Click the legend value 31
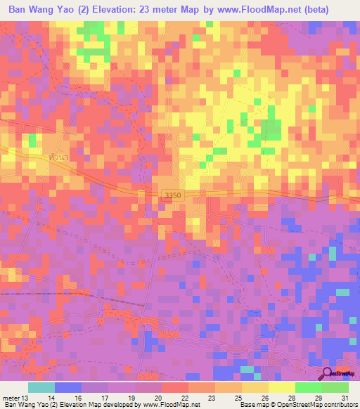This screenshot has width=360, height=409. tap(345, 397)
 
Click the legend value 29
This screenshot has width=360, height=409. tap(319, 397)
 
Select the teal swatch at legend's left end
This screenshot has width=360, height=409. tap(41, 387)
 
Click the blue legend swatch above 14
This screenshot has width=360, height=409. tap(67, 387)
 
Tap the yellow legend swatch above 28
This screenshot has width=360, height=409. tap(281, 387)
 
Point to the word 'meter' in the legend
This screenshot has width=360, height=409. tap(12, 397)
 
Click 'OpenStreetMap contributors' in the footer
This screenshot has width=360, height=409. tap(317, 405)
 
